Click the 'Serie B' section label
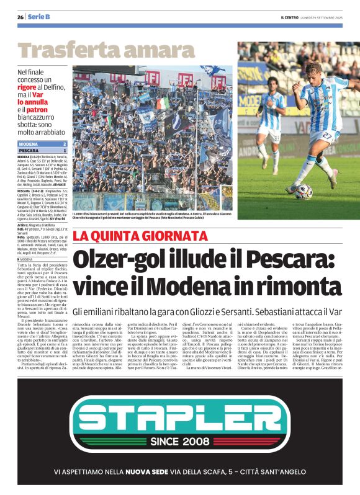(x=38, y=17)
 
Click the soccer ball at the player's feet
(x=303, y=192)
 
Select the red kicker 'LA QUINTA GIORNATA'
(x=140, y=236)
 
